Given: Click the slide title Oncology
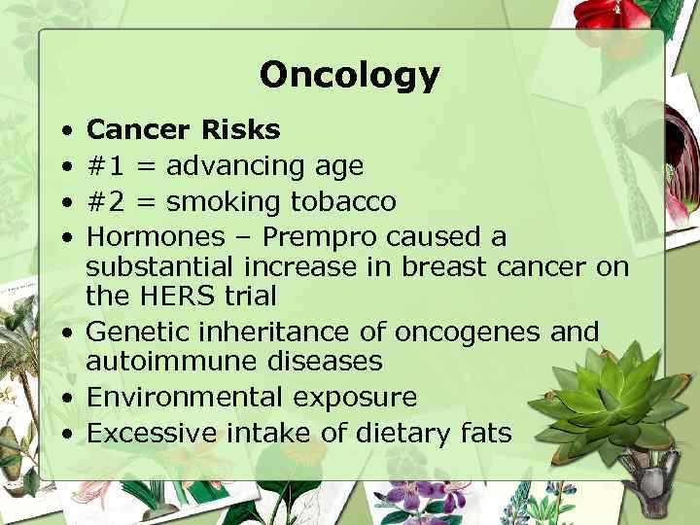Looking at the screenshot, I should (349, 75).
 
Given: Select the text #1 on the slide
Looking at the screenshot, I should (107, 166).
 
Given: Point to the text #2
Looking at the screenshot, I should (107, 202).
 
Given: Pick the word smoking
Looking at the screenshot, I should (223, 202).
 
